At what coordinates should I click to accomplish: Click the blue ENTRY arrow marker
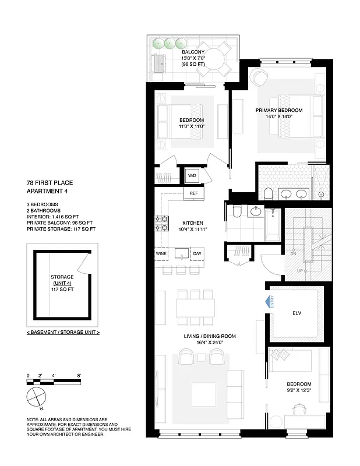point(269,302)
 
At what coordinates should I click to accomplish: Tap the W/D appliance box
point(192,176)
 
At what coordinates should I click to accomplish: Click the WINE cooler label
point(161,254)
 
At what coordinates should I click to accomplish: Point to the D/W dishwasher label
point(196,254)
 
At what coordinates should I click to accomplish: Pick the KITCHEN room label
point(192,223)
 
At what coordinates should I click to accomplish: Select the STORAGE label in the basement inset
point(62,277)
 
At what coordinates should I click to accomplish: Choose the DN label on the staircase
point(293,253)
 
